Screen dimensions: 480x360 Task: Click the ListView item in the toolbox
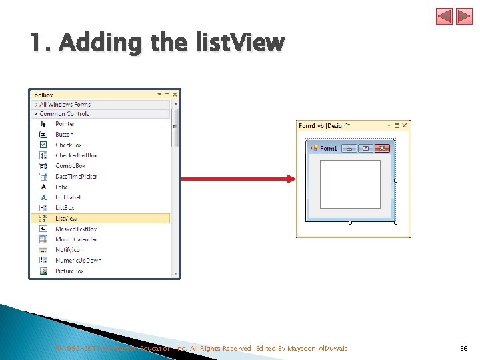click(x=66, y=218)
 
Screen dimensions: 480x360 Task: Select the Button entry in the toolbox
click(x=64, y=134)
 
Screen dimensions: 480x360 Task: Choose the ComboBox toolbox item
click(x=70, y=165)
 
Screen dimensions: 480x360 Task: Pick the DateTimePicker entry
click(x=75, y=176)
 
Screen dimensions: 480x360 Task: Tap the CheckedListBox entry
click(x=76, y=155)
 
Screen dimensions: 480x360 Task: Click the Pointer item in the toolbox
click(x=65, y=123)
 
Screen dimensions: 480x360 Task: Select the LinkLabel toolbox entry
click(x=67, y=197)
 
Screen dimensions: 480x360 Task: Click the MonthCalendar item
click(x=75, y=239)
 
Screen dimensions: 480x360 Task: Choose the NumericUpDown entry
click(x=76, y=260)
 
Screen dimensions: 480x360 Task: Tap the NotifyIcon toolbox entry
click(x=69, y=249)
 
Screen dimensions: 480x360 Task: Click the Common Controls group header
click(x=64, y=114)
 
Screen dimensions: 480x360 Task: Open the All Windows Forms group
click(x=65, y=105)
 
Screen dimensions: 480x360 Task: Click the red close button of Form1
click(x=383, y=148)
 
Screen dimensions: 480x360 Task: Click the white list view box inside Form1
click(x=350, y=184)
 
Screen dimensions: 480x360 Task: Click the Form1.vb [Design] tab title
click(x=324, y=125)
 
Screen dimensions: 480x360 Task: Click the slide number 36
click(x=464, y=348)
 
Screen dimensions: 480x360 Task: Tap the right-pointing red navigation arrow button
click(x=463, y=17)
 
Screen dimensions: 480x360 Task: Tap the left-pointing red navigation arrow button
click(x=445, y=17)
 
